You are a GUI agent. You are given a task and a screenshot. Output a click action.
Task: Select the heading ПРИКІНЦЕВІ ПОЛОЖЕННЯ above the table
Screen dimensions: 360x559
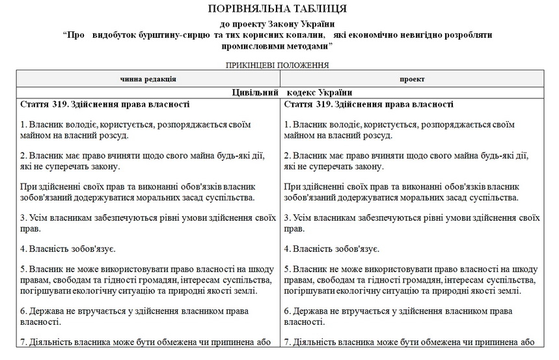(277, 65)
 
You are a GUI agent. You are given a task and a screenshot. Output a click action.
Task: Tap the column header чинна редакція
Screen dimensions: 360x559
(148, 79)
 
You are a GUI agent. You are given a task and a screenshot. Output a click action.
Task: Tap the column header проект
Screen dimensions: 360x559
(413, 79)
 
